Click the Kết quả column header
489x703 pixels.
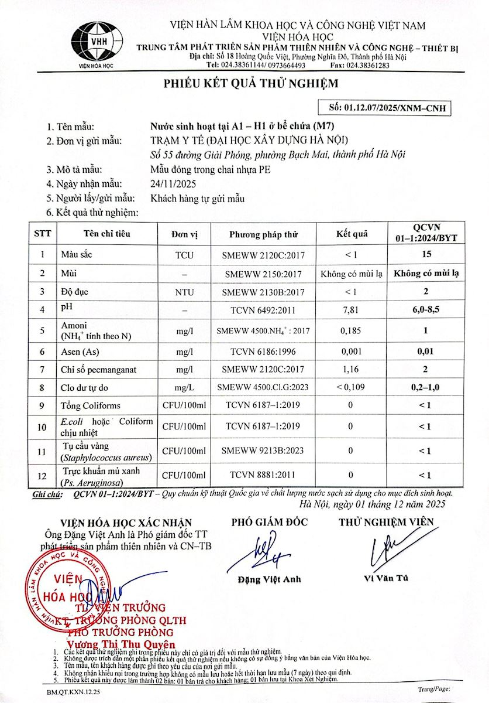(x=352, y=234)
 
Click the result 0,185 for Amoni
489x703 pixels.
(x=351, y=330)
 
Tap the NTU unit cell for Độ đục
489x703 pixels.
(x=184, y=291)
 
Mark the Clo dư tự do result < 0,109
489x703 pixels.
(x=351, y=387)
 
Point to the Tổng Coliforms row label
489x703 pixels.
(x=90, y=405)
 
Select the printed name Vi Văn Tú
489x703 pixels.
(x=386, y=578)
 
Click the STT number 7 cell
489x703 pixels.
(x=42, y=369)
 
